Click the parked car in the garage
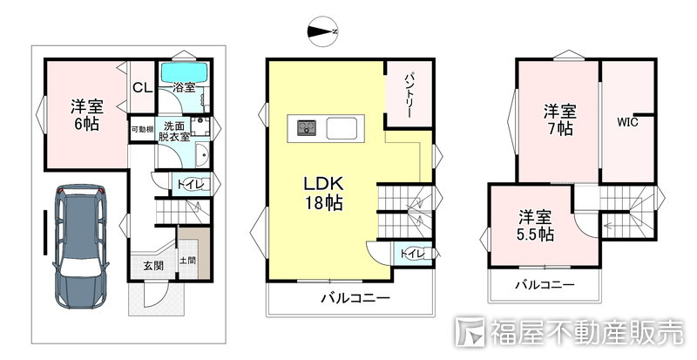pos(80,246)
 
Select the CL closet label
pos(143,88)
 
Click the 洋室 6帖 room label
pos(86,115)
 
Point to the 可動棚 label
pos(142,130)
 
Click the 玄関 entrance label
pos(153,266)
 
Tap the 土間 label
pos(187,261)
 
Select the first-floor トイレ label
pos(190,184)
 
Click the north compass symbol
pos(322,31)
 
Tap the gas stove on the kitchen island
pos(307,128)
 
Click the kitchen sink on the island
pos(342,128)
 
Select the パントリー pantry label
pos(409,96)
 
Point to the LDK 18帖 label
pos(323,194)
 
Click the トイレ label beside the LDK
pos(413,254)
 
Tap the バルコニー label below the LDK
pos(355,298)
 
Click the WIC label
pos(626,122)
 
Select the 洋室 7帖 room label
pos(559,119)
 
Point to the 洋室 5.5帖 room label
pos(535,226)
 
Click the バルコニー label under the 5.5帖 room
pos(545,285)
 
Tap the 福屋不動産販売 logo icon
pos(470,331)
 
